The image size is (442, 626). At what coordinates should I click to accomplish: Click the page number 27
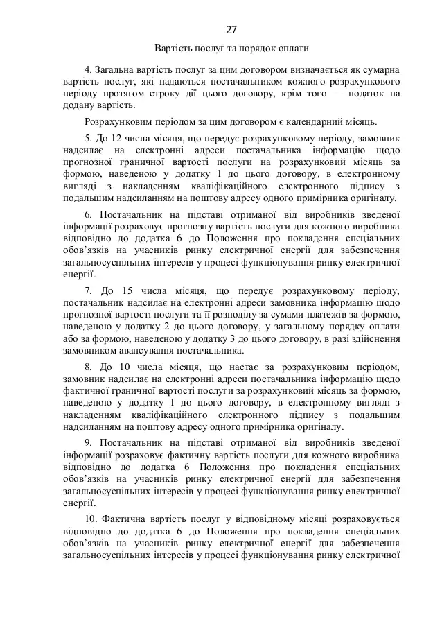231,29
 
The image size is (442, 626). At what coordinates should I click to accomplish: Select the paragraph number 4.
87,70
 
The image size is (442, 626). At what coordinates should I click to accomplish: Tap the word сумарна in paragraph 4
383,70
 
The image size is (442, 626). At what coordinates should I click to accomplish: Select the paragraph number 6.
87,216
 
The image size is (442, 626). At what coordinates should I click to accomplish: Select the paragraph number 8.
87,366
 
